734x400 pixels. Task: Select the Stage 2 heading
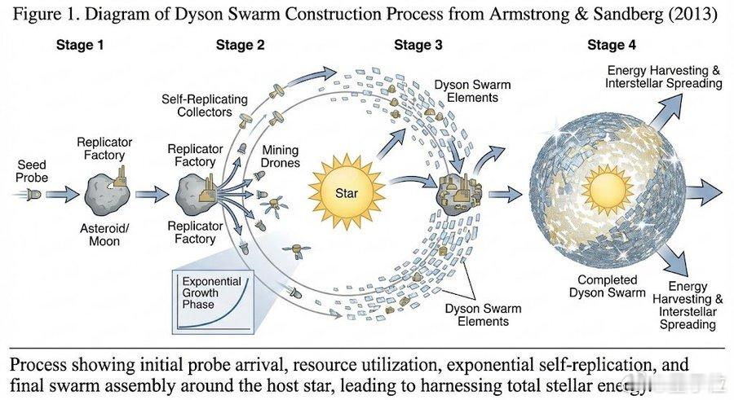[x=240, y=45]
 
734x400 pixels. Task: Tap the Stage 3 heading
[x=418, y=45]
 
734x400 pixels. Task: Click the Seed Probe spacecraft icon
[x=33, y=195]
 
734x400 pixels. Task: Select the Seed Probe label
[x=32, y=170]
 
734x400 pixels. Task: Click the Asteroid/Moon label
[x=104, y=235]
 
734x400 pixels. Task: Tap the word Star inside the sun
[x=347, y=193]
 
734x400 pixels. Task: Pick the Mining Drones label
[x=281, y=156]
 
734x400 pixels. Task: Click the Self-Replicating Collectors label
[x=205, y=104]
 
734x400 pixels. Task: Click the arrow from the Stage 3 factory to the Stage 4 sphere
[x=504, y=195]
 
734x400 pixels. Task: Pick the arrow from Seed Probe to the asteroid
[x=60, y=195]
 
